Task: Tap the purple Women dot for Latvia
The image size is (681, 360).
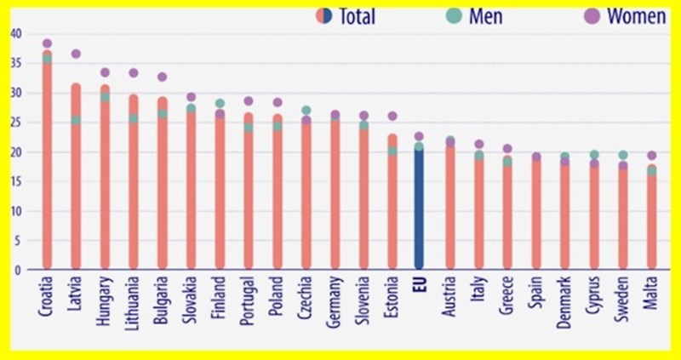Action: tap(76, 54)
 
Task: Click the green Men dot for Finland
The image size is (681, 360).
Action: tap(220, 103)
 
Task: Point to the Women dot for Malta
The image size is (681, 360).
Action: tap(651, 156)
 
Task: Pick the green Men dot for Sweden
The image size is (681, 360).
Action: tap(622, 155)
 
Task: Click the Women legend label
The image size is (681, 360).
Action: tap(635, 16)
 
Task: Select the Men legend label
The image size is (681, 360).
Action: tap(486, 16)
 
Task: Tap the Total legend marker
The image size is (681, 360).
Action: tap(323, 15)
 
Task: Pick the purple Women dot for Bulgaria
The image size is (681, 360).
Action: tap(162, 77)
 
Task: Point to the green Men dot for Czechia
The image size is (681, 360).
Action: tap(306, 111)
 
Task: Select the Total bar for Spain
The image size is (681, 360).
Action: tap(536, 213)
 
